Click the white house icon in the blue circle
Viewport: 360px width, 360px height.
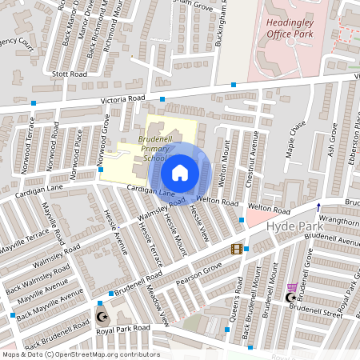pyautogui.click(x=180, y=172)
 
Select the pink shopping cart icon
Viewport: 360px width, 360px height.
pyautogui.click(x=292, y=287)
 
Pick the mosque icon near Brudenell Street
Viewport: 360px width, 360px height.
pyautogui.click(x=290, y=298)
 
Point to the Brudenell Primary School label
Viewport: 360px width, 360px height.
pyautogui.click(x=151, y=148)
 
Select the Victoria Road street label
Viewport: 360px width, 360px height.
pyautogui.click(x=122, y=99)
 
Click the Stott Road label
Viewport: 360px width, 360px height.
pyautogui.click(x=69, y=74)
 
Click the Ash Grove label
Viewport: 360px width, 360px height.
pyautogui.click(x=331, y=138)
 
